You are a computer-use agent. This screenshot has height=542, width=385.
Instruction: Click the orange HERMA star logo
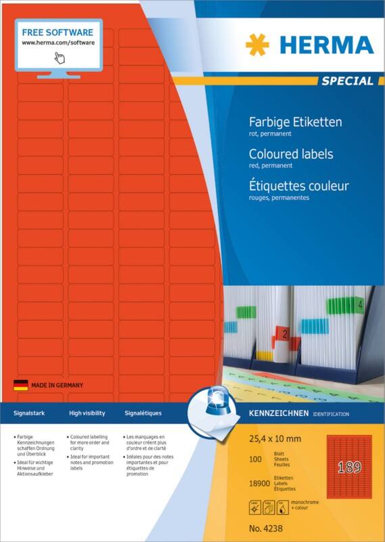(x=257, y=45)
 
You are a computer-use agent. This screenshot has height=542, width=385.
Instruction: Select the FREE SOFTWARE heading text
(x=58, y=32)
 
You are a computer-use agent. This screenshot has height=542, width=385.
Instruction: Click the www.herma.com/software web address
(x=58, y=42)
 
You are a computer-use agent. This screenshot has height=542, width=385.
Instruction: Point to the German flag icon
(x=20, y=385)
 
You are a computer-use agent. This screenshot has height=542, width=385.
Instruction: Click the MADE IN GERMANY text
(x=57, y=385)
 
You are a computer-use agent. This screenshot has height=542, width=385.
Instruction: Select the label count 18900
(x=260, y=482)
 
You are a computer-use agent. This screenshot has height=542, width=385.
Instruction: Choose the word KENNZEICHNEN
(x=279, y=413)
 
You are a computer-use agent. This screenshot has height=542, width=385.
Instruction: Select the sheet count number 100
(x=256, y=459)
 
